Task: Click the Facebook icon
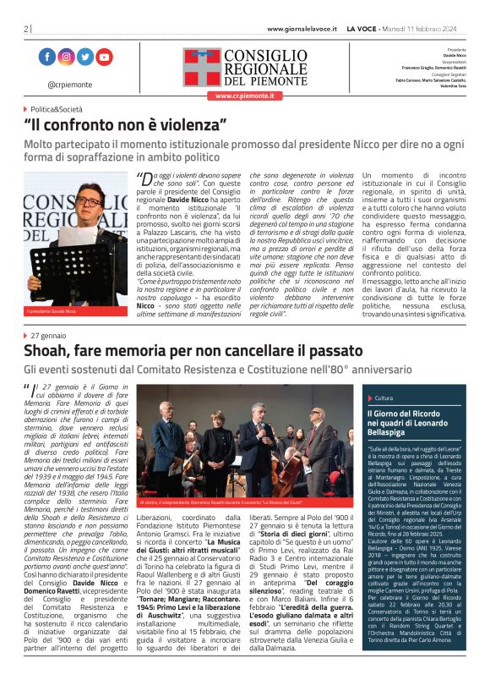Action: click(x=46, y=58)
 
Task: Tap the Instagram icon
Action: click(x=66, y=58)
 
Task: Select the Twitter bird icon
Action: click(x=85, y=58)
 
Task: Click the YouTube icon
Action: click(x=104, y=58)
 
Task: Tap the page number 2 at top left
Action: click(x=26, y=29)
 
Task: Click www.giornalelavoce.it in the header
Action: click(x=302, y=29)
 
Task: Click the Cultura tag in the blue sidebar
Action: click(x=384, y=397)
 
